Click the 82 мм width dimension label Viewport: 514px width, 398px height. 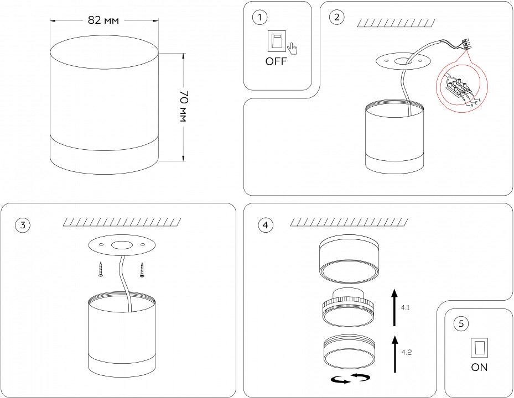[103, 20]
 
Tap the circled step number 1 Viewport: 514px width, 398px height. [258, 17]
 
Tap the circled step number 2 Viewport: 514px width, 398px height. [335, 17]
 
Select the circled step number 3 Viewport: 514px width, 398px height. [23, 225]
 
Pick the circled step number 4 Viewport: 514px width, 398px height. [266, 225]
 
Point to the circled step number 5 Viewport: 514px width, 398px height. [461, 324]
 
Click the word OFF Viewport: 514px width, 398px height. [276, 61]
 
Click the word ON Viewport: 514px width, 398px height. [479, 367]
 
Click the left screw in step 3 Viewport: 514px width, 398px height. [101, 269]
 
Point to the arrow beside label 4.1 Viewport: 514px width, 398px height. [393, 306]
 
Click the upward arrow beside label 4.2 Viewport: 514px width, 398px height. [393, 352]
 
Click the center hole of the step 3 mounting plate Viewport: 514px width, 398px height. [120, 245]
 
